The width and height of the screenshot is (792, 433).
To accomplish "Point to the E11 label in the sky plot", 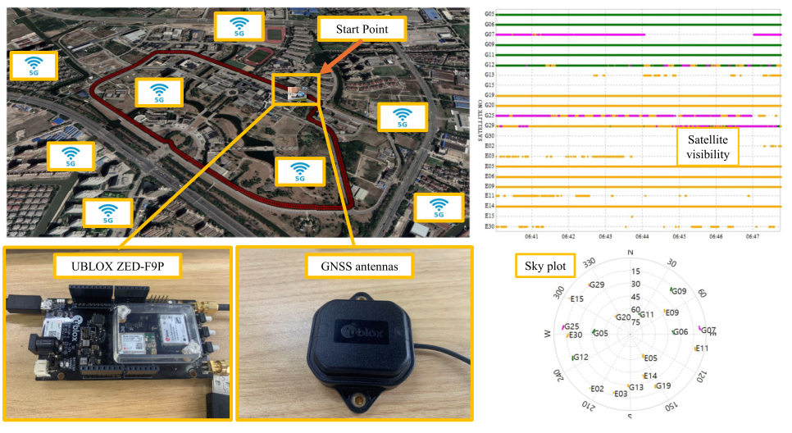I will pos(701,349).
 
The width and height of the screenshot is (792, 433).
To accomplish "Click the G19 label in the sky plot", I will pos(662,385).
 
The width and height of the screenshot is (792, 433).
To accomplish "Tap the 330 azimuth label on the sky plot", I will pos(589,262).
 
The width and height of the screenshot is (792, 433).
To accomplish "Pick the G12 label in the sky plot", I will pos(580,357).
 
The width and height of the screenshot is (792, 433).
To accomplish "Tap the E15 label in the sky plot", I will pos(577,299).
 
